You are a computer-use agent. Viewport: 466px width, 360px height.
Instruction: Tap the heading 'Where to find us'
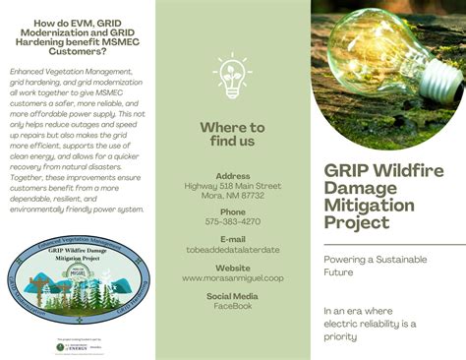[232, 134]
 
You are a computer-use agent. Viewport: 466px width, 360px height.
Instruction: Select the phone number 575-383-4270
[233, 222]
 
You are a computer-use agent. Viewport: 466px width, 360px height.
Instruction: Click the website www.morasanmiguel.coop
[233, 278]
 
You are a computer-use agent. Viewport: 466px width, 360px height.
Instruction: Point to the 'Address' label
[233, 177]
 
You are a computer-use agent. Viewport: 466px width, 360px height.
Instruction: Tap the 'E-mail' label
[233, 239]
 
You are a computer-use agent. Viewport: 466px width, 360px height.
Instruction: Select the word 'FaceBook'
[233, 306]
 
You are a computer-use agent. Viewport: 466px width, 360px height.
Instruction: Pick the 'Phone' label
[233, 211]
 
